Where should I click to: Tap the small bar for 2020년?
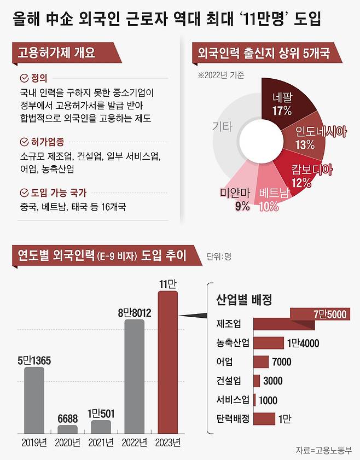[68, 429]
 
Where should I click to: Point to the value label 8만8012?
[135, 313]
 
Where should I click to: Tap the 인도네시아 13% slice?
[306, 137]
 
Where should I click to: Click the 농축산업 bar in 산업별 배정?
[268, 343]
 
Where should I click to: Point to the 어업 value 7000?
[281, 362]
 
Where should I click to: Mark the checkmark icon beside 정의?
[24, 78]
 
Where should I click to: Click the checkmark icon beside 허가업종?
[24, 142]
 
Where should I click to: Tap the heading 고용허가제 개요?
[56, 53]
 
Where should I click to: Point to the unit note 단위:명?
[219, 256]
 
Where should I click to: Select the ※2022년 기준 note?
[221, 75]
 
